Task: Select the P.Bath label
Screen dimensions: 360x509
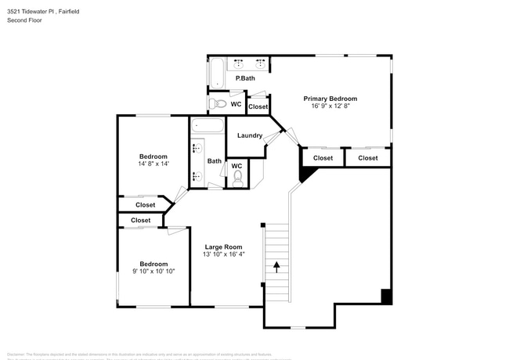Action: [245, 78]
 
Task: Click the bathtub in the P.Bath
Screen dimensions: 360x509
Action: [217, 74]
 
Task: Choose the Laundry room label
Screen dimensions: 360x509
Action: [250, 135]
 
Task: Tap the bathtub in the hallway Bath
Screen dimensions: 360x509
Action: [208, 125]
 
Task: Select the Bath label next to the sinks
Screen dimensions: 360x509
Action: [214, 161]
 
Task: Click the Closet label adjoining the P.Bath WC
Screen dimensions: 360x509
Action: [258, 106]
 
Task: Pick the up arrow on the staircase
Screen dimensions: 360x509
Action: [276, 267]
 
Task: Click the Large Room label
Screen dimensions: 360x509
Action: [224, 247]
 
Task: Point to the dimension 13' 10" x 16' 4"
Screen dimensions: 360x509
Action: [224, 254]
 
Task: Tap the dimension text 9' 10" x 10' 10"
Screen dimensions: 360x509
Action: [153, 271]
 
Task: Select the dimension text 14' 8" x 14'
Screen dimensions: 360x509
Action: [153, 164]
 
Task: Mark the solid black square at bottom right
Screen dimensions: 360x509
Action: [385, 296]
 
